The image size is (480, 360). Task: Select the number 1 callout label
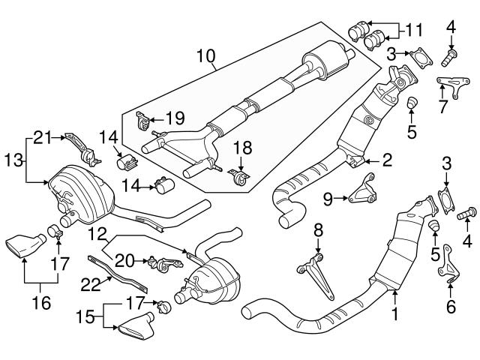pyautogui.click(x=394, y=318)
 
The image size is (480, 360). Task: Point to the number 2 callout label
pyautogui.click(x=388, y=158)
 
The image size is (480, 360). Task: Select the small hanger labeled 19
pyautogui.click(x=142, y=121)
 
